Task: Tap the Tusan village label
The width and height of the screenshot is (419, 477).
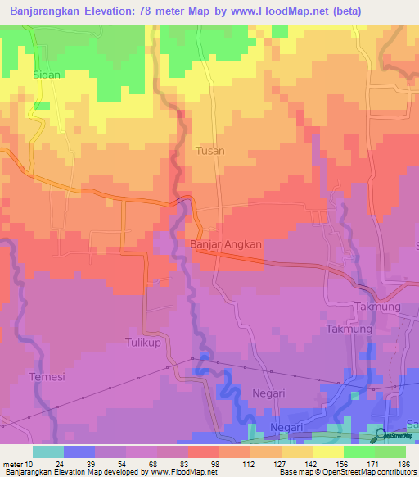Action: tap(210, 151)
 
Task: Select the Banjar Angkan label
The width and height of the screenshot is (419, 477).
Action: tap(226, 244)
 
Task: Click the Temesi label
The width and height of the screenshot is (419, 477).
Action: tap(47, 377)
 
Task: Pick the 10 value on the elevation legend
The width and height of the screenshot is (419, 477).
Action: tap(29, 464)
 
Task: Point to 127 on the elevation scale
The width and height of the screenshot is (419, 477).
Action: tap(281, 464)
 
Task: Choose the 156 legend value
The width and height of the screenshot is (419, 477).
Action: tap(342, 464)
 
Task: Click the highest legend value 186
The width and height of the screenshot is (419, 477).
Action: tap(403, 464)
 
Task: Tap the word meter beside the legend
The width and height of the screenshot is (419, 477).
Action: tap(11, 464)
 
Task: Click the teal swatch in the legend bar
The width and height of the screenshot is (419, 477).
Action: tap(48, 452)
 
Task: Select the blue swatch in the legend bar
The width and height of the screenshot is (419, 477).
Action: tap(79, 452)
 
